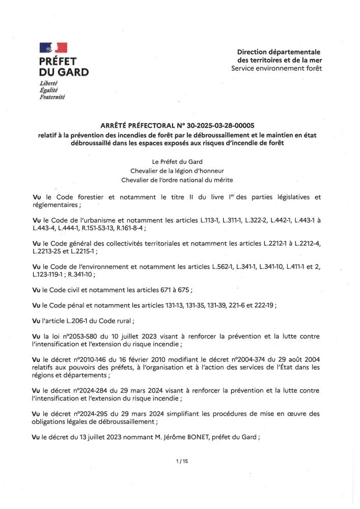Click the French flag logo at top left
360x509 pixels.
(x=53, y=48)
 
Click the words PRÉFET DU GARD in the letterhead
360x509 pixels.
(x=64, y=66)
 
